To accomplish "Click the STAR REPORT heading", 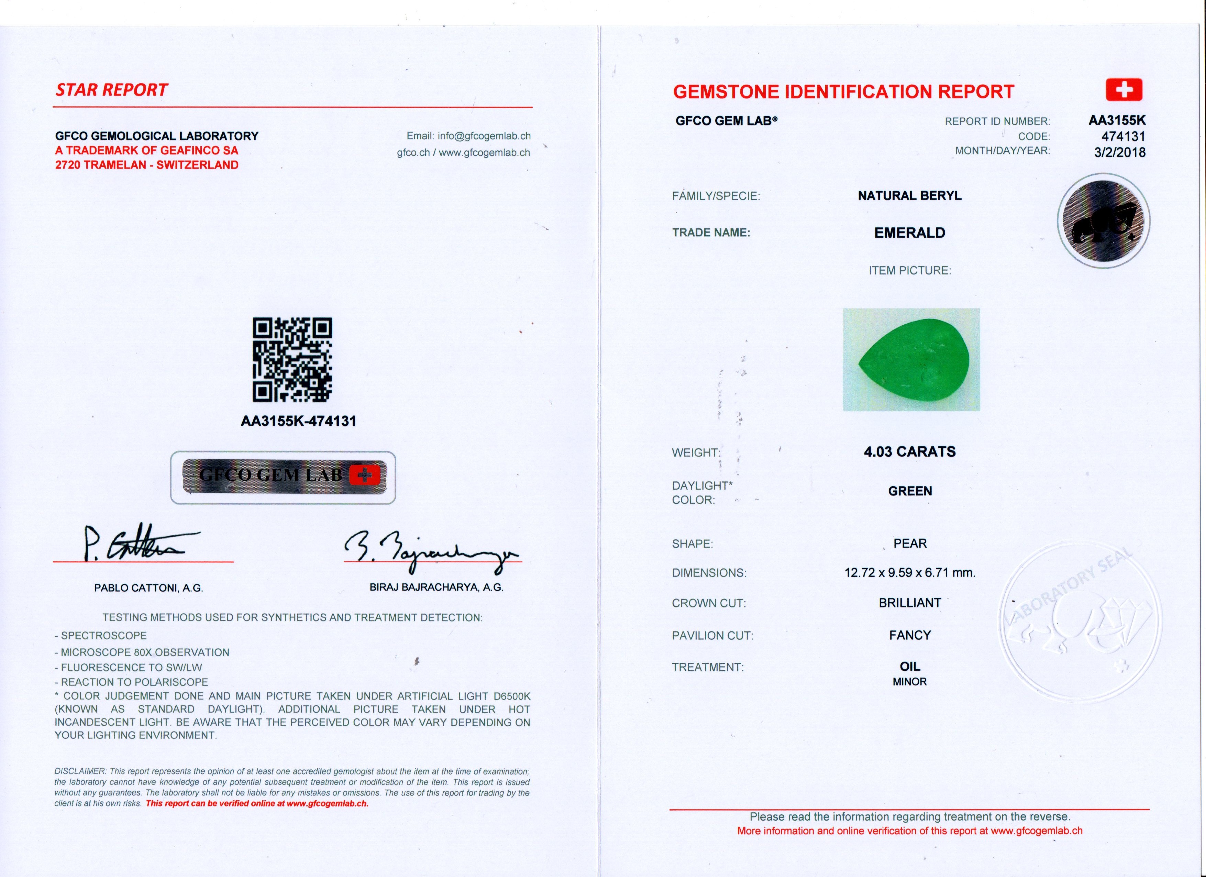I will (112, 90).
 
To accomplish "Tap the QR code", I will (292, 360).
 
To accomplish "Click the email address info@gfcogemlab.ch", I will (484, 136).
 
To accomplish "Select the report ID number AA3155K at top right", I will (1117, 120).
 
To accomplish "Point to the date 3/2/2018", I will (1119, 153).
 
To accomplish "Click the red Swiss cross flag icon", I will (1124, 90).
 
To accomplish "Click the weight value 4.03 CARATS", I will (909, 452).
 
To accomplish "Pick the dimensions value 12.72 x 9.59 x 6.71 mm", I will (909, 573).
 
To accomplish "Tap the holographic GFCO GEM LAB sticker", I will (283, 477).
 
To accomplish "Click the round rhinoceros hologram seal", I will (1103, 221).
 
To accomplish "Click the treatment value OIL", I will (909, 666).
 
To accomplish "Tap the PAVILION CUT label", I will (712, 636).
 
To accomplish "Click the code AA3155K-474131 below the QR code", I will (298, 421).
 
